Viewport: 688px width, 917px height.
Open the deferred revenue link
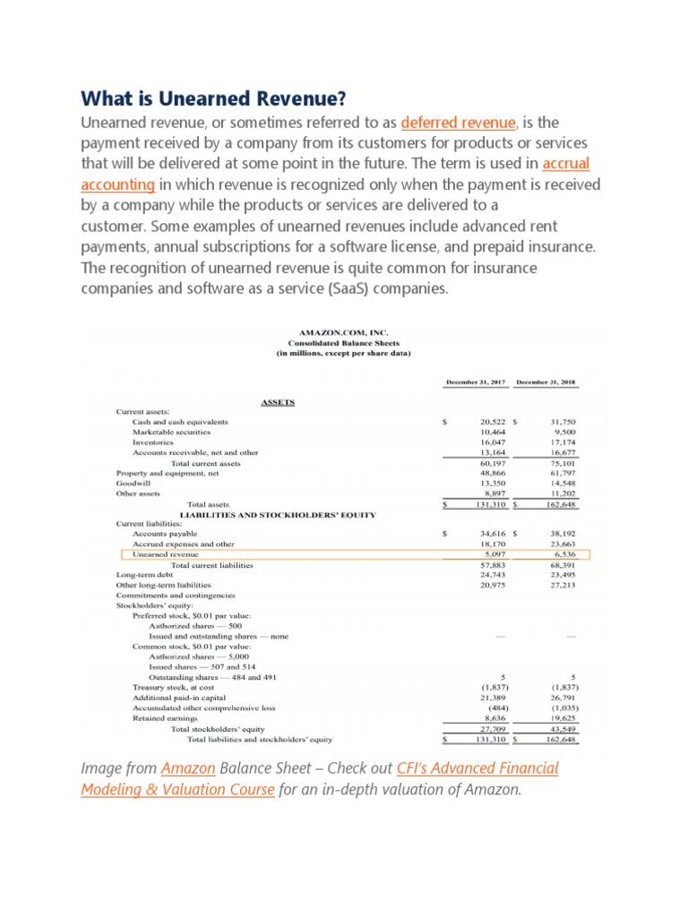tap(459, 122)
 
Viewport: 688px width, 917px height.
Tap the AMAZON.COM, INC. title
tap(344, 330)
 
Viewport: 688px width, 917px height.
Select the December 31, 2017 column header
tap(477, 383)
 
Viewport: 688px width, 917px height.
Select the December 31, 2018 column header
tap(547, 383)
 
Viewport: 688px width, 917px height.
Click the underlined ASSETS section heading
tap(278, 402)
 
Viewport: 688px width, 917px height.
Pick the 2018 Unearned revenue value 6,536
tap(561, 554)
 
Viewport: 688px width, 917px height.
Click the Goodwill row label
tap(134, 484)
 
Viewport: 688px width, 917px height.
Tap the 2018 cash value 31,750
tap(561, 421)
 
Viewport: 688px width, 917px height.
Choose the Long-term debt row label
tap(144, 575)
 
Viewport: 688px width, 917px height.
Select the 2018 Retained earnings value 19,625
tap(561, 717)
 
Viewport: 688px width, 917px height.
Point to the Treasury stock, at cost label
tap(173, 687)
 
